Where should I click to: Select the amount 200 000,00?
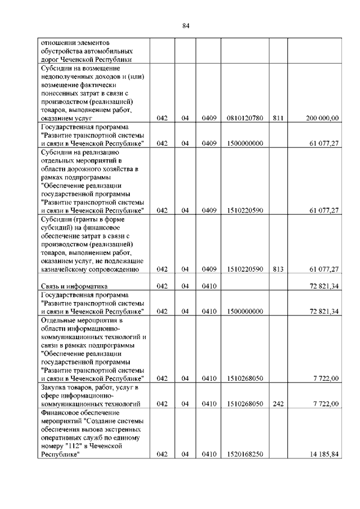pyautogui.click(x=322, y=118)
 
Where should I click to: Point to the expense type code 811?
pyautogui.click(x=277, y=118)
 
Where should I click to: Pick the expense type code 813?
pyautogui.click(x=277, y=269)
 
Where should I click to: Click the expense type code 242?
pyautogui.click(x=277, y=404)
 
